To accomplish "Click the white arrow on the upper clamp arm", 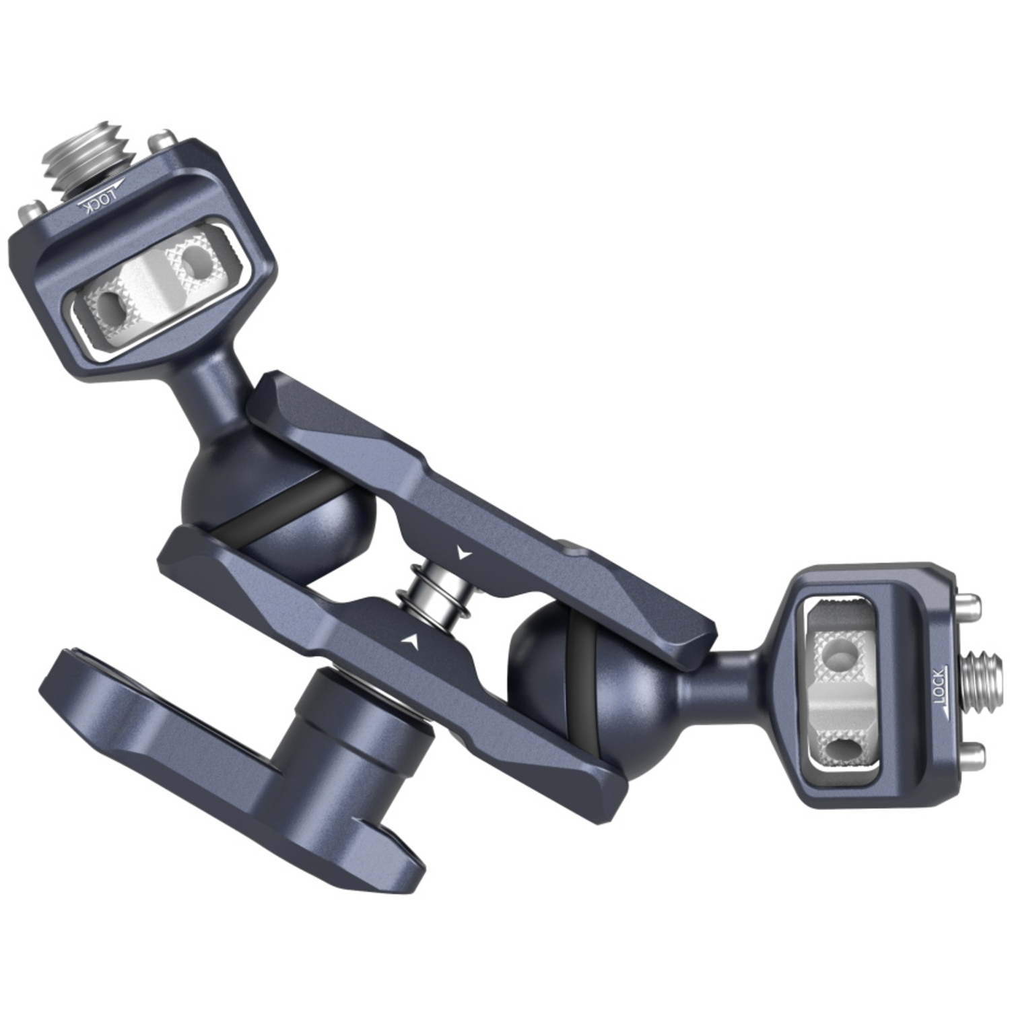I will coord(462,553).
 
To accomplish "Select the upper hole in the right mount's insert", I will coord(840,652).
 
